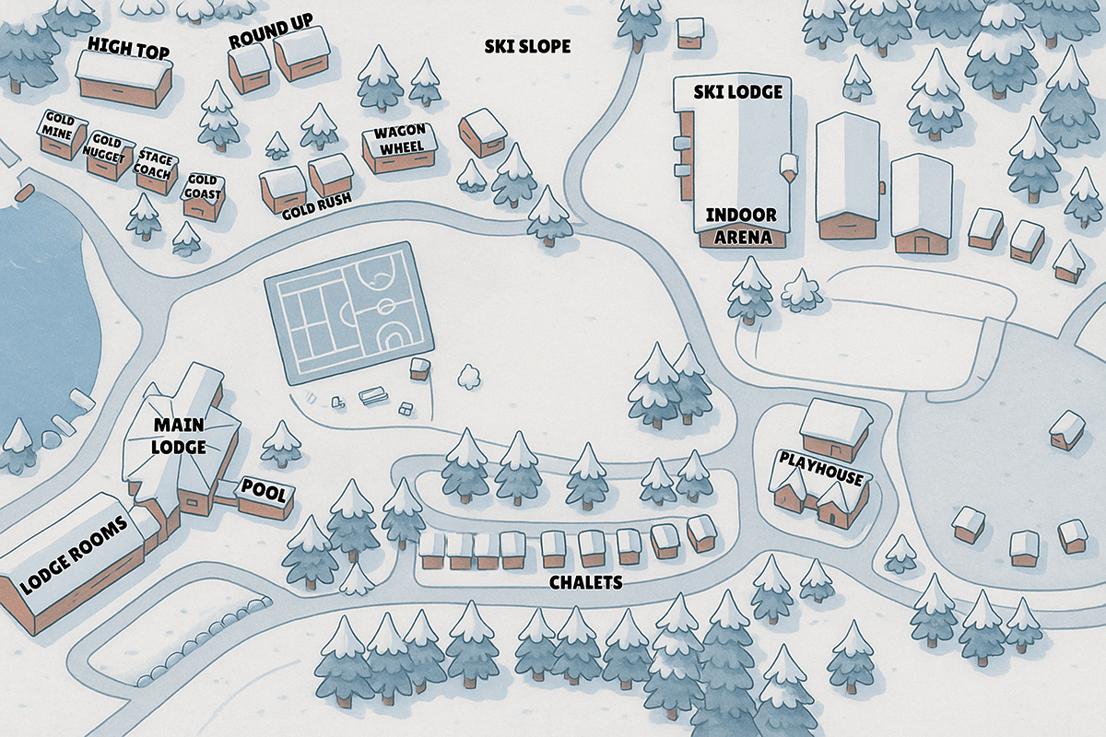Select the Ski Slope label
[527, 46]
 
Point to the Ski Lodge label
[741, 91]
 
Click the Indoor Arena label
[741, 226]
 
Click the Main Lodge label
[179, 437]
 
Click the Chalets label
[585, 582]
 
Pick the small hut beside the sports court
[419, 368]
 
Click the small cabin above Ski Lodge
[689, 32]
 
